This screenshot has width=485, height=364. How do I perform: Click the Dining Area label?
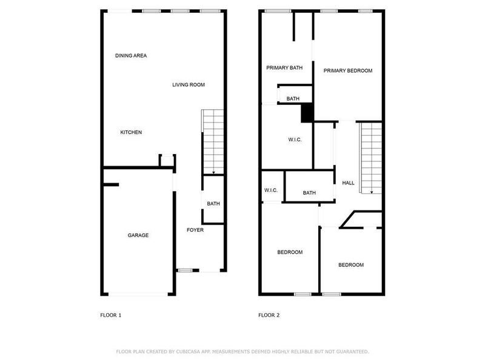coord(131,56)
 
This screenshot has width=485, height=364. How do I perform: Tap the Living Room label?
coord(189,85)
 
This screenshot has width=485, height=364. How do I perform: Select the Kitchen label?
coord(131,132)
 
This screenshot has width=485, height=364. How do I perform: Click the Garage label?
coord(138,235)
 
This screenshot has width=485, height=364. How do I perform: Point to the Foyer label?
coord(195,231)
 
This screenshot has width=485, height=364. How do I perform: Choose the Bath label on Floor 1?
coord(213,204)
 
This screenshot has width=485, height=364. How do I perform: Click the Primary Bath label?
coord(284,68)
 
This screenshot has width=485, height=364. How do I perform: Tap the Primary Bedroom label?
coord(347,71)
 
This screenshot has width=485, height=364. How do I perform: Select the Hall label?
coord(348,183)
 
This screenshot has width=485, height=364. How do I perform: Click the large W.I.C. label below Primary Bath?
coord(295,140)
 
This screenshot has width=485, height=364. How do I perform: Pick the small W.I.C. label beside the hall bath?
coord(271,190)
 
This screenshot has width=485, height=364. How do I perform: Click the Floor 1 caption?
coord(110,315)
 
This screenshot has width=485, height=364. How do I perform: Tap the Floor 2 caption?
coord(269,315)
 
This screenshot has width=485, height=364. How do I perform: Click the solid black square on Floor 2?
coord(307,113)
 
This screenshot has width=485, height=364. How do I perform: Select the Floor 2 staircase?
coord(370,157)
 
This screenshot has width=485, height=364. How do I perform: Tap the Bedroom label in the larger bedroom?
coord(290,252)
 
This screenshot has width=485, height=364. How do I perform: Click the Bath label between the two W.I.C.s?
coord(309,193)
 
